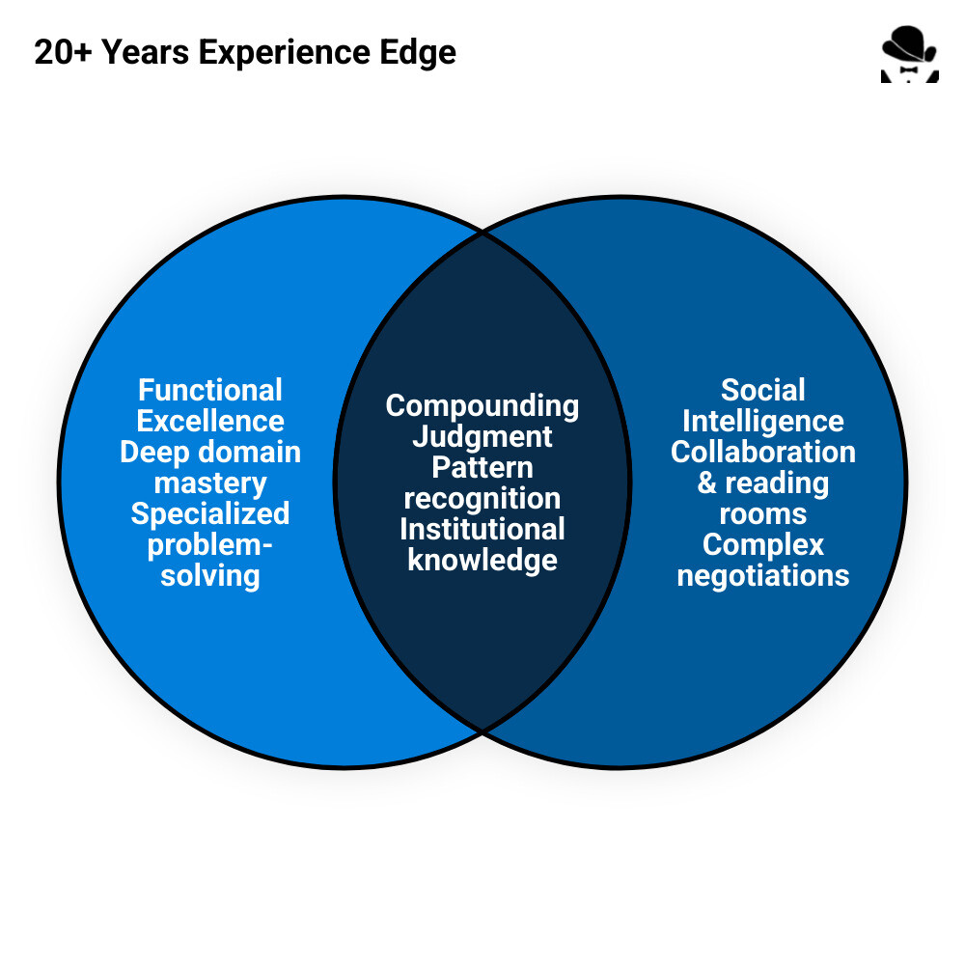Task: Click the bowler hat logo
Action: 909,55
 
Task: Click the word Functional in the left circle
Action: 210,391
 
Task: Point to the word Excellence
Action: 210,422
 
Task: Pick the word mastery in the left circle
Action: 210,482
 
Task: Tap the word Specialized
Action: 210,513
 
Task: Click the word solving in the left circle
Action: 210,576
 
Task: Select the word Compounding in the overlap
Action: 482,406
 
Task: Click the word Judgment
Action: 482,437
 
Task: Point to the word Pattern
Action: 482,468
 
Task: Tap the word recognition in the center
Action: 482,499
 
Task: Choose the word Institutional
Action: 482,530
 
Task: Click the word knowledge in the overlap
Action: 482,561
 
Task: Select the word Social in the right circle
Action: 763,391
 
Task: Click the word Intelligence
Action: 763,422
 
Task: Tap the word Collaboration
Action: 763,453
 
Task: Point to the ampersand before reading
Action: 707,483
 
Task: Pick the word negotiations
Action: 763,576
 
